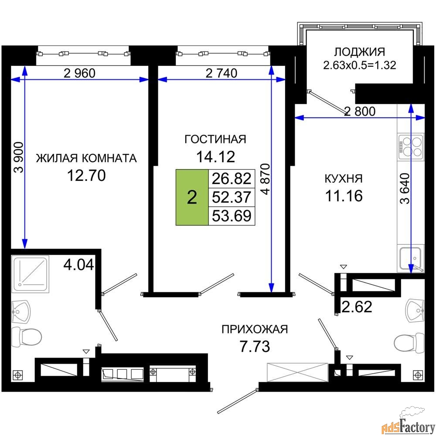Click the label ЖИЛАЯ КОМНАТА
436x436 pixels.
coord(86,158)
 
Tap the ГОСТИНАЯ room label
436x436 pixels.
coord(215,139)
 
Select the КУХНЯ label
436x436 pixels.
coord(344,178)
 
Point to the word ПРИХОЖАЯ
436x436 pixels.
coord(255,329)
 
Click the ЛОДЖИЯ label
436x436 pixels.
coord(360,52)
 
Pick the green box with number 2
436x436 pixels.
coord(192,197)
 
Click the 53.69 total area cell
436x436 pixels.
coord(232,216)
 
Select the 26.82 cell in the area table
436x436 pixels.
coord(232,178)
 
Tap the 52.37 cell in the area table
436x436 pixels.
coord(232,197)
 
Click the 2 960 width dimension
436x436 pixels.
coord(79,73)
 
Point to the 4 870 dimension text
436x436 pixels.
coord(266,179)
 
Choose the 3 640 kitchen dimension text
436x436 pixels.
coord(405,188)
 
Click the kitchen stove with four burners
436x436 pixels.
coord(411,146)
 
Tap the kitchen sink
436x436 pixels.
coord(411,258)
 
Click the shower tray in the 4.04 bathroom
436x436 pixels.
coord(31,274)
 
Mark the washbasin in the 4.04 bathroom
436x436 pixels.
coord(21,312)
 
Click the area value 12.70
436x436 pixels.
coord(86,175)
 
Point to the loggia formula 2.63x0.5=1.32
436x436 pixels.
coord(360,65)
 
